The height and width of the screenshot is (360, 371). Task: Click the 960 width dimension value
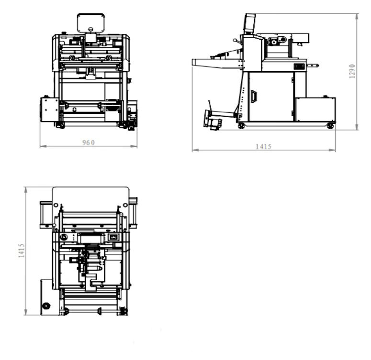tap(89, 142)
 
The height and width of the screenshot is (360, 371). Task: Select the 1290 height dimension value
tap(352, 71)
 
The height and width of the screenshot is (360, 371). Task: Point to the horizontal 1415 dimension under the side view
tap(263, 147)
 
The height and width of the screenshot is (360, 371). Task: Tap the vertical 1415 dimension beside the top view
tap(22, 251)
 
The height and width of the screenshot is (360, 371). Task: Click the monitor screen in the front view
tap(91, 22)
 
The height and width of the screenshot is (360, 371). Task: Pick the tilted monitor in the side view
tap(250, 23)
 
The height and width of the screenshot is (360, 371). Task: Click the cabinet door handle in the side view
tap(254, 97)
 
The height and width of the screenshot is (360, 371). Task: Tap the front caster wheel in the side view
tap(241, 126)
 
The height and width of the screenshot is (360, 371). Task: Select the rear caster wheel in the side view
tap(330, 126)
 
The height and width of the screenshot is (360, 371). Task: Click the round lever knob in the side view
tap(235, 41)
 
